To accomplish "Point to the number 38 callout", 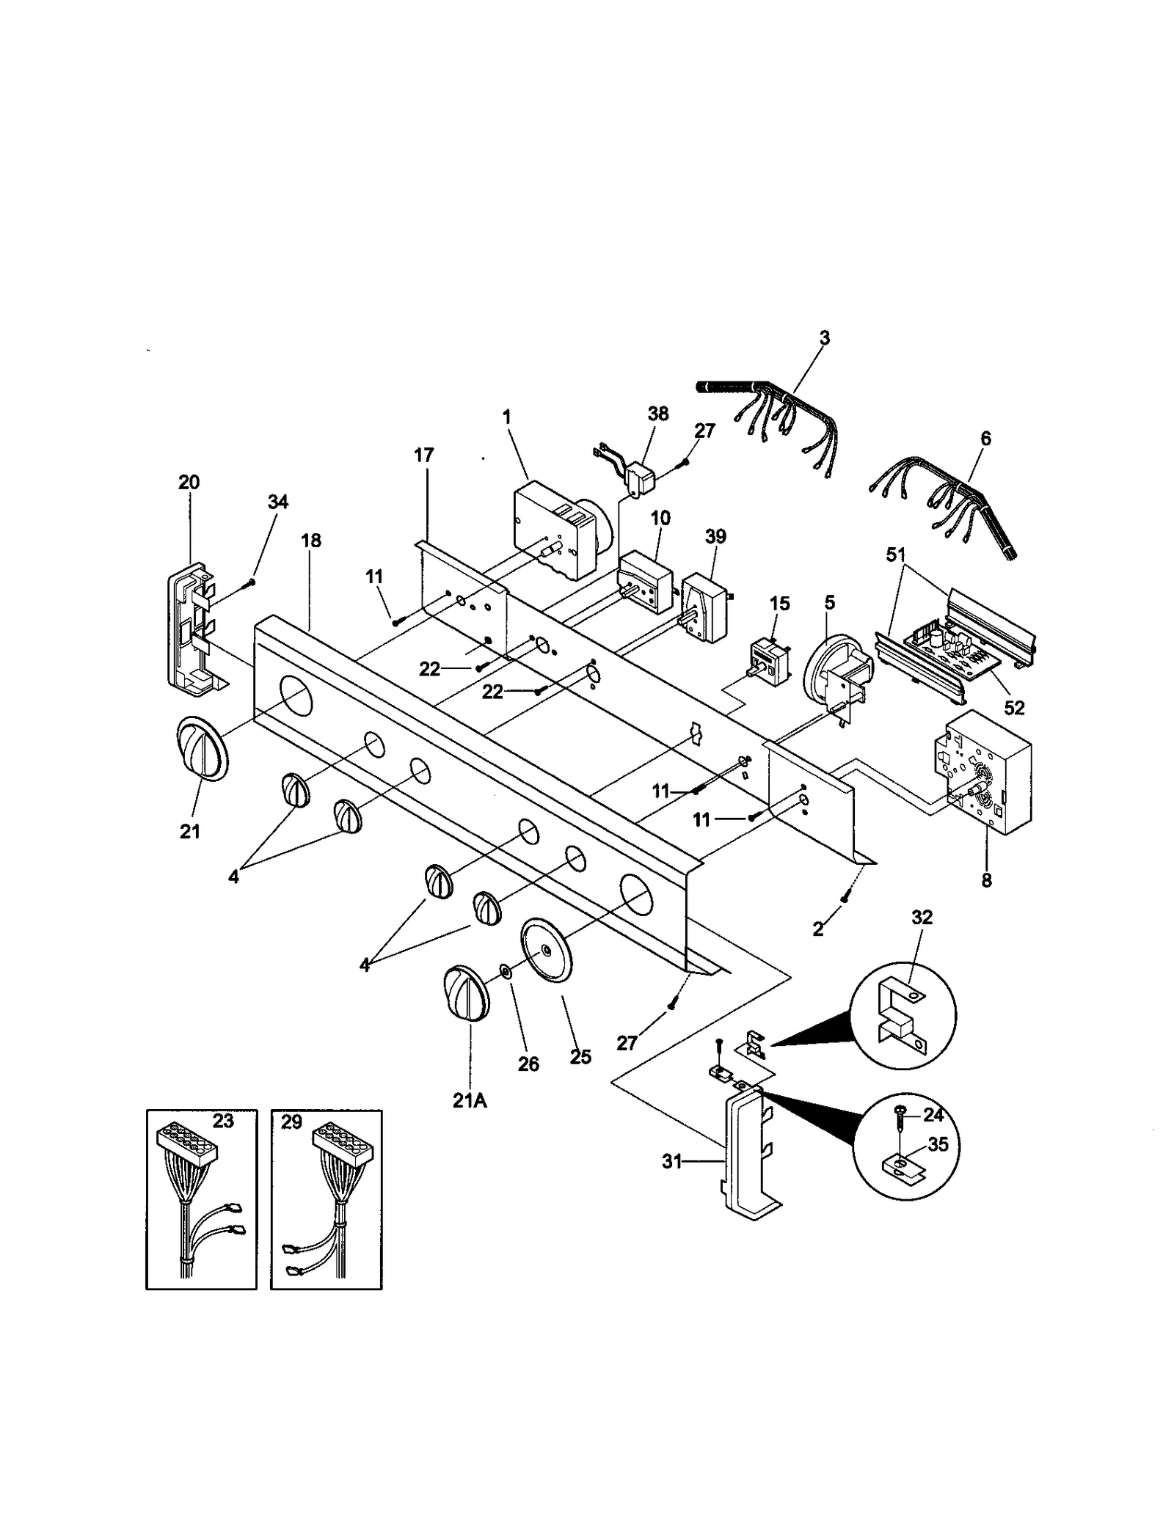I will [658, 414].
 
